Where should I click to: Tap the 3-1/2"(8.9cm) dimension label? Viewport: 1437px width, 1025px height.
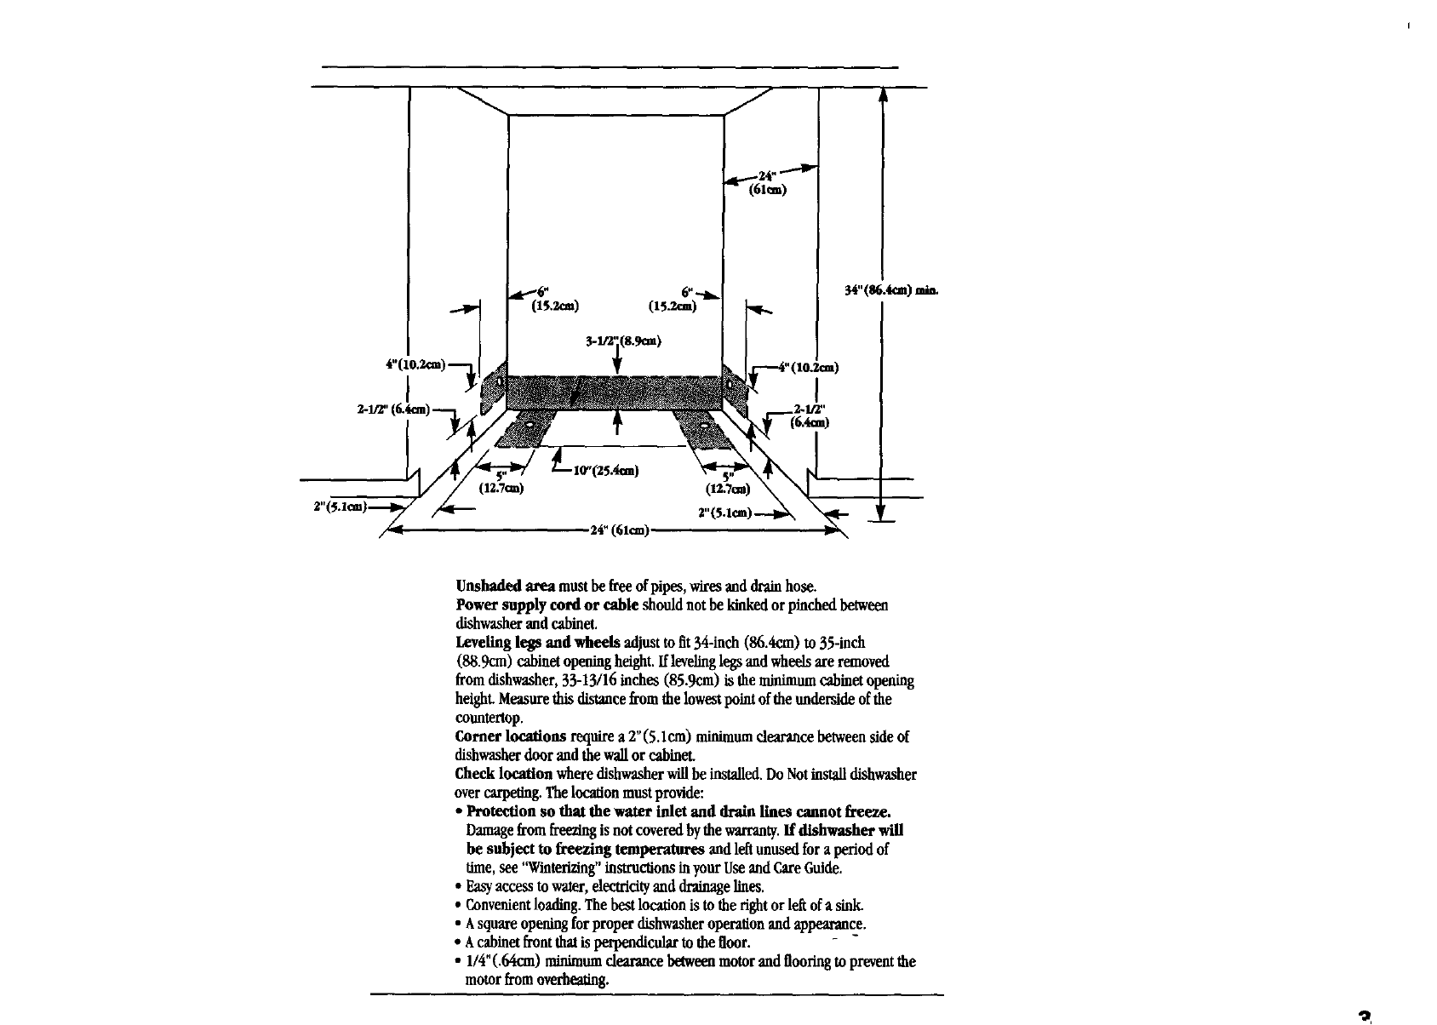(623, 342)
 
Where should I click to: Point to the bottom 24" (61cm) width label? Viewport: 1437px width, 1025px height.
(619, 531)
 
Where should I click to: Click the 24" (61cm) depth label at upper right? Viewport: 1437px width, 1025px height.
(766, 184)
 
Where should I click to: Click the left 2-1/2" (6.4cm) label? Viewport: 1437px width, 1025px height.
(393, 409)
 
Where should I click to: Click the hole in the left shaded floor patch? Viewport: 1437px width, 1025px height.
(530, 423)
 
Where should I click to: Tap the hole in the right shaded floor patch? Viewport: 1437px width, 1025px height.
(704, 423)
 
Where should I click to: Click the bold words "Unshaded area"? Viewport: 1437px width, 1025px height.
(506, 586)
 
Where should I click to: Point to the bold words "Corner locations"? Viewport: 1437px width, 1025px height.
(511, 736)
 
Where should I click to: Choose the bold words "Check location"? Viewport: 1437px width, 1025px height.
(504, 774)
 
